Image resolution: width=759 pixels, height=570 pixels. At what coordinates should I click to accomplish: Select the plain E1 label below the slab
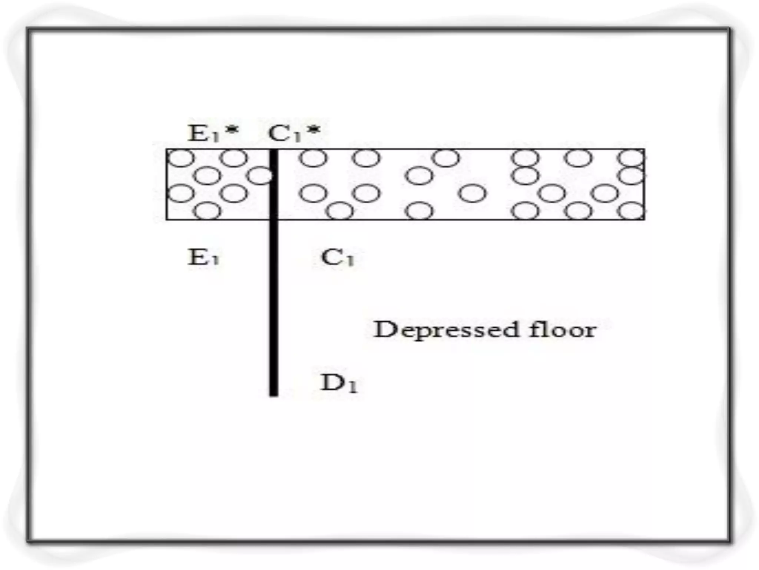click(x=203, y=257)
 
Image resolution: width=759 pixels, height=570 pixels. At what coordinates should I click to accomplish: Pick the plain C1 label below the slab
click(x=338, y=257)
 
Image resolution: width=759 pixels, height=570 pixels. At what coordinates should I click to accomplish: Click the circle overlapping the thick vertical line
click(x=261, y=176)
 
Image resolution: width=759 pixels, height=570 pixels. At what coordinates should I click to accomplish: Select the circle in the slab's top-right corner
click(x=631, y=158)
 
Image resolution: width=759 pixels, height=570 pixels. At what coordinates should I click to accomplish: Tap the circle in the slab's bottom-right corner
click(x=631, y=211)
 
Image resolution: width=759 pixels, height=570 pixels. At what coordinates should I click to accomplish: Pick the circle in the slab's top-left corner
click(x=181, y=158)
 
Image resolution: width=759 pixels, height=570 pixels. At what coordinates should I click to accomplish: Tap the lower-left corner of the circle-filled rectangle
click(x=167, y=219)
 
